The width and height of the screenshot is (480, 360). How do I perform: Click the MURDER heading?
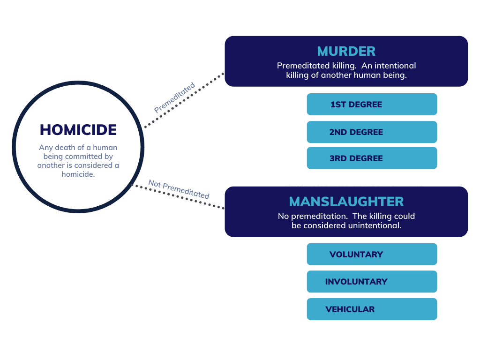(346, 51)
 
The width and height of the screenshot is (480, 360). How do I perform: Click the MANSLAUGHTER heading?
(346, 202)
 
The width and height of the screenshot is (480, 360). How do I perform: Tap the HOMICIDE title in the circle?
(78, 130)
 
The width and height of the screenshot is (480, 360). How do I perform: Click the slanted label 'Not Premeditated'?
(179, 189)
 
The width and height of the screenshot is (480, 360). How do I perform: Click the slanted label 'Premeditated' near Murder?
(174, 97)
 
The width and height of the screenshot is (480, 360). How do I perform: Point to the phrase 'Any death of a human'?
(78, 148)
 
